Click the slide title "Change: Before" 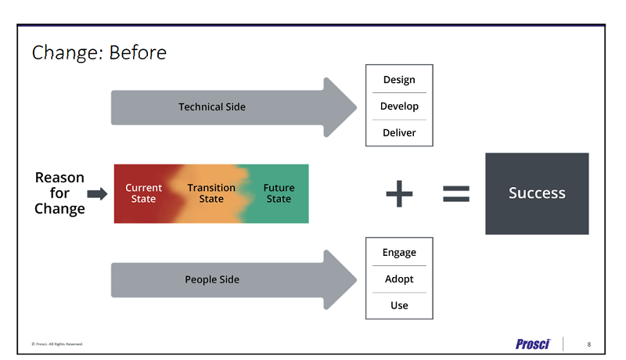coord(99,52)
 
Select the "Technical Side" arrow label coord(212,106)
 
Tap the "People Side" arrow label coord(212,279)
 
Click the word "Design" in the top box coord(399,80)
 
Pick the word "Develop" coord(399,106)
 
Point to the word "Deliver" coord(399,132)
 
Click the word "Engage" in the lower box coord(399,253)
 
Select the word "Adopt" coord(399,279)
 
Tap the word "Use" coord(399,305)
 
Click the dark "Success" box coord(537,193)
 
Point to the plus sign coord(399,193)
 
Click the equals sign coord(456,193)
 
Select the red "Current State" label coord(144,193)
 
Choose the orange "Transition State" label coord(211,193)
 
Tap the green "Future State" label coord(279,193)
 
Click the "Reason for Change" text coord(59,193)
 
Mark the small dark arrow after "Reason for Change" coord(96,193)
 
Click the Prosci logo coord(533,344)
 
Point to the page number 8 coord(588,344)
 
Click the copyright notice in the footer coord(57,344)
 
